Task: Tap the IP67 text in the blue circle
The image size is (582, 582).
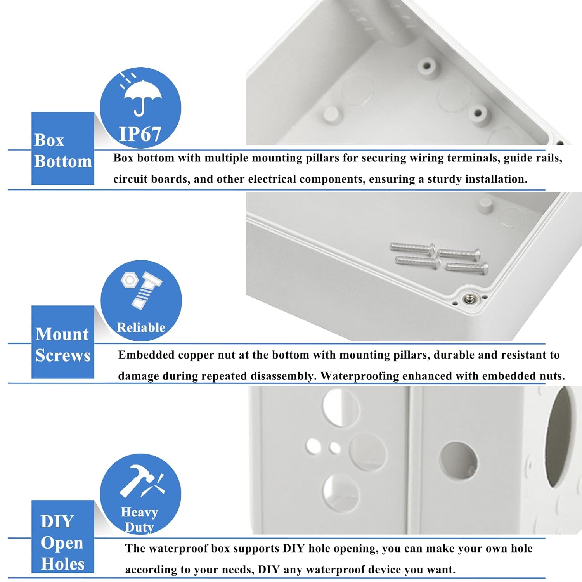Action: tap(140, 135)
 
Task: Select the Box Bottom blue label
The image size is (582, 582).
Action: tap(62, 150)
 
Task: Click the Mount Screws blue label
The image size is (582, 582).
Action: tap(62, 344)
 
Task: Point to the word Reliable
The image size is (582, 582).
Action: tap(141, 327)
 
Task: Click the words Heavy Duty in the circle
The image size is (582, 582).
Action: tap(139, 520)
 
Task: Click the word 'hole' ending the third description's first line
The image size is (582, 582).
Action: tap(521, 548)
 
